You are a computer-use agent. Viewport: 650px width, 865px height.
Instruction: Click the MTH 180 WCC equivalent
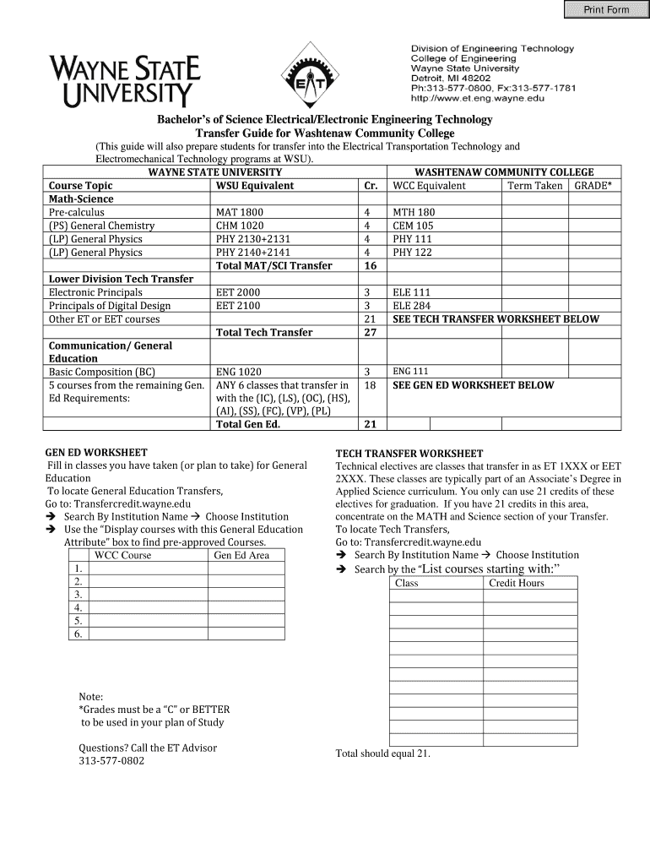pyautogui.click(x=414, y=212)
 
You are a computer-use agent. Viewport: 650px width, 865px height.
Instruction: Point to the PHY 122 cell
pyautogui.click(x=412, y=252)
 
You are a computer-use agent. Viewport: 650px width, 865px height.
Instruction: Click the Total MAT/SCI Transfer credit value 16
pyautogui.click(x=369, y=265)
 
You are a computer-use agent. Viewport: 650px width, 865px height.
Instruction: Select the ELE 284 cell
pyautogui.click(x=412, y=306)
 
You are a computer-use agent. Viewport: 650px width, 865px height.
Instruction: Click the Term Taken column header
pyautogui.click(x=534, y=186)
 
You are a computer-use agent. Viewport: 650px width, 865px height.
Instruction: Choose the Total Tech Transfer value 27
pyautogui.click(x=369, y=332)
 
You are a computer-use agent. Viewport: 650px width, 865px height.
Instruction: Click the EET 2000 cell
pyautogui.click(x=238, y=292)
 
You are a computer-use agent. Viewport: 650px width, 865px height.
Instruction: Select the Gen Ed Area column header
pyautogui.click(x=241, y=555)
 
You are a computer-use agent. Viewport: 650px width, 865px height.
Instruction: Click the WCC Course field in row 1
pyautogui.click(x=148, y=568)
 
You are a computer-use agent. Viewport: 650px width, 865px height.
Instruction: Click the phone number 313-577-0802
pyautogui.click(x=111, y=761)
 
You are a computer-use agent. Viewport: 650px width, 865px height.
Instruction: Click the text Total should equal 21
pyautogui.click(x=383, y=753)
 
